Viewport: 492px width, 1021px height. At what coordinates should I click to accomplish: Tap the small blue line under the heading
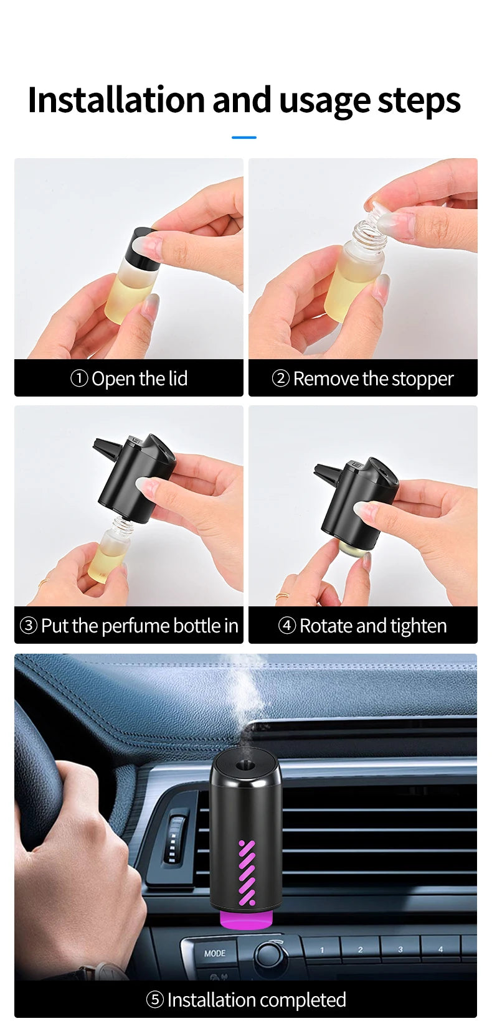click(244, 138)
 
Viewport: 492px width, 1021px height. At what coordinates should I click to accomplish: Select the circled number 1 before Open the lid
click(79, 379)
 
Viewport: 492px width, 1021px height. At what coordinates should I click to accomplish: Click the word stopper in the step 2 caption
click(422, 379)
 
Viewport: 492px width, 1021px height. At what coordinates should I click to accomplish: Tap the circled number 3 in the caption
click(29, 626)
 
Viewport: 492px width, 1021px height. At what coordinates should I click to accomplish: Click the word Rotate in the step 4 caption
click(326, 626)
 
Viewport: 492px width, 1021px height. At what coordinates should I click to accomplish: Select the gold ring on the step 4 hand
click(282, 596)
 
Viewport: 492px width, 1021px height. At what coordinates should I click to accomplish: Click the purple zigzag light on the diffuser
click(247, 872)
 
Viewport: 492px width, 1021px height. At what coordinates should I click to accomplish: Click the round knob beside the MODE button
click(269, 953)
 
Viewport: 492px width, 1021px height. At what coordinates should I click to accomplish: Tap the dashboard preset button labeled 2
click(360, 949)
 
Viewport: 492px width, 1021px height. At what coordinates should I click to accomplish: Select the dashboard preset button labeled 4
click(440, 949)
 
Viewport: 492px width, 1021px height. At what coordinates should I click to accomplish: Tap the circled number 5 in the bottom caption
click(154, 1000)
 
